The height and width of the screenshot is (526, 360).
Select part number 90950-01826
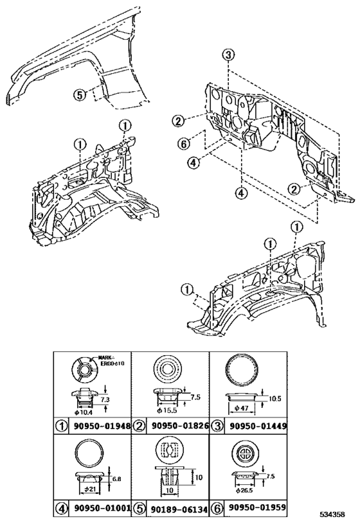pyautogui.click(x=180, y=425)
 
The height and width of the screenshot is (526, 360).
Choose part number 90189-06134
pyautogui.click(x=180, y=508)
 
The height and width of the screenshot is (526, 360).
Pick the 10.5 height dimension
pyautogui.click(x=274, y=398)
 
